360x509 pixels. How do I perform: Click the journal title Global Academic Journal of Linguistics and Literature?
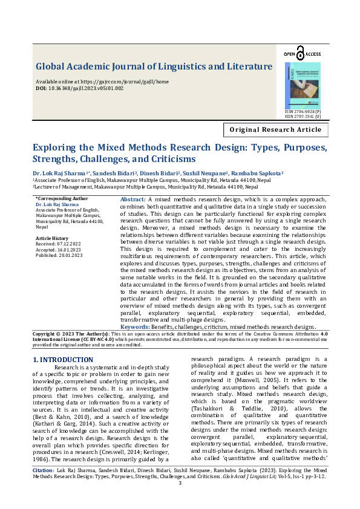(154, 66)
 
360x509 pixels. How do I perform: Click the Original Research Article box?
(276, 130)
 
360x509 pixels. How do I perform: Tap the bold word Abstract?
(133, 199)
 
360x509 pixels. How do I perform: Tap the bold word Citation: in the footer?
(44, 469)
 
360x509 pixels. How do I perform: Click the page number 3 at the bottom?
(180, 483)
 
